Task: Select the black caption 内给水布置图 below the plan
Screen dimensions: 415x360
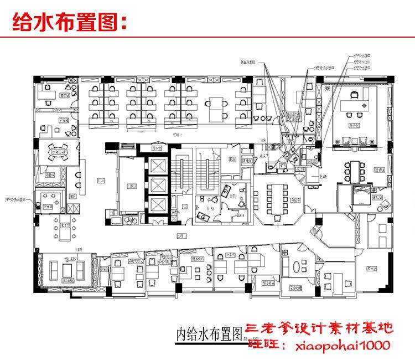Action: click(210, 334)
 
